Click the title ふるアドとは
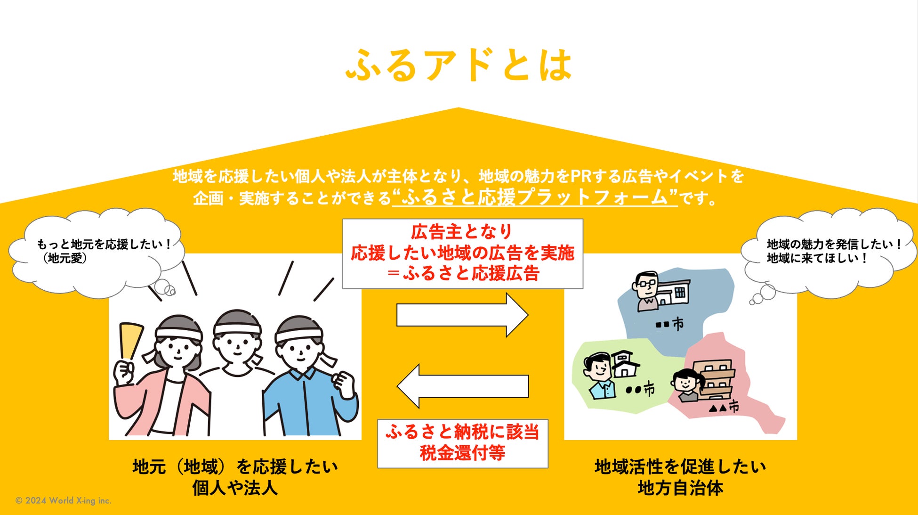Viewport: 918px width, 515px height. point(459,65)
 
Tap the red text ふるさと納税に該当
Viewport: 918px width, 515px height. point(462,432)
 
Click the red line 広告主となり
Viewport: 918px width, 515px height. point(462,232)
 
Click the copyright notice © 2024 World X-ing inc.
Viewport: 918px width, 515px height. point(64,500)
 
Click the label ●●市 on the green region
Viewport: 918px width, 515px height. point(640,390)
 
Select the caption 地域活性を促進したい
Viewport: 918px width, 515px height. point(680,466)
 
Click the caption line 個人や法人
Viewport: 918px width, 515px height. point(234,488)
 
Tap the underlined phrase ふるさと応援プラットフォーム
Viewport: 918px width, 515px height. point(534,197)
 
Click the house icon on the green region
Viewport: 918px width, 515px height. point(624,363)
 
